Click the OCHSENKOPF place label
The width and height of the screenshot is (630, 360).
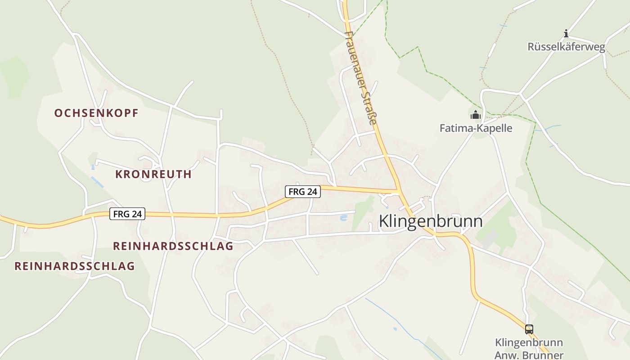(x=96, y=113)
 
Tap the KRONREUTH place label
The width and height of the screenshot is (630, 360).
(x=153, y=174)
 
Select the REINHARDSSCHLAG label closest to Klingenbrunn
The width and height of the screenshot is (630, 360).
(x=173, y=246)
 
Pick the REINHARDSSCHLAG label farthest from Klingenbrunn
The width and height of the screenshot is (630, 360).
(x=75, y=266)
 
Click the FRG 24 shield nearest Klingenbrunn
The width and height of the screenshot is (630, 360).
(x=303, y=192)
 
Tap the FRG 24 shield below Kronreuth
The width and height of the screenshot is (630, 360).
(x=127, y=214)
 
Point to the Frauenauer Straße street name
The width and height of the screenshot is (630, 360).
(x=360, y=77)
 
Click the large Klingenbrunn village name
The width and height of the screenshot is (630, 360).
(x=431, y=221)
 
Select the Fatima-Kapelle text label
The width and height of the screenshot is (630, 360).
(x=476, y=128)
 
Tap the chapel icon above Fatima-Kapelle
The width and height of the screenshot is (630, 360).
(x=476, y=115)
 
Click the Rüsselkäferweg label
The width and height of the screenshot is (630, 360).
(x=566, y=47)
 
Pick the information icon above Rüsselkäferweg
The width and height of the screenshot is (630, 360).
(x=566, y=33)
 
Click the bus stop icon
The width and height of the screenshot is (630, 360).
(x=529, y=329)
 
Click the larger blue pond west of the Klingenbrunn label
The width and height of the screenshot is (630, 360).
(x=344, y=218)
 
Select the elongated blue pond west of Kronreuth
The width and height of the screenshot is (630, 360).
(x=97, y=182)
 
